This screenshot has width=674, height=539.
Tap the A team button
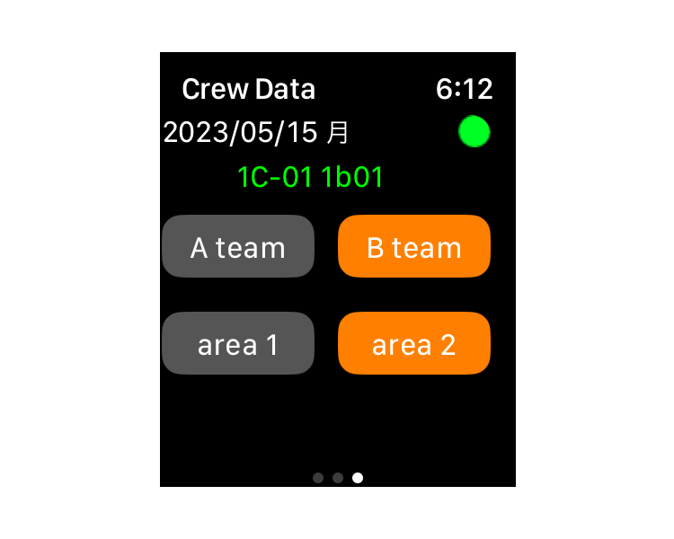pos(238,246)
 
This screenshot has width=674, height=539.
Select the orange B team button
pos(414,246)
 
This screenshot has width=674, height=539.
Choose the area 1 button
pos(238,343)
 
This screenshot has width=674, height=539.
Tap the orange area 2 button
pos(414,343)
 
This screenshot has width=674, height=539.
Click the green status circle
pos(474,131)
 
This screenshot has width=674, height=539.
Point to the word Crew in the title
pos(215,90)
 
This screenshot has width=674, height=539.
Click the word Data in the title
pos(285,90)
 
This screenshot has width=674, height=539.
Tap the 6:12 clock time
pos(465,90)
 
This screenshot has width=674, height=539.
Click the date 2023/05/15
pos(240,132)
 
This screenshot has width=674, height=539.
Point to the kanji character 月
pos(337,132)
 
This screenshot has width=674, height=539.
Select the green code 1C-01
pos(274,177)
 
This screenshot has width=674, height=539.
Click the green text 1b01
pos(351,177)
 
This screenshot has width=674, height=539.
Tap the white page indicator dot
pos(358,478)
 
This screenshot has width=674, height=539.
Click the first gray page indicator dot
pos(318,478)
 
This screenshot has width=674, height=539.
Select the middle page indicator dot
pos(338,478)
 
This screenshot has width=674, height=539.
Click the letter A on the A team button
pos(199,248)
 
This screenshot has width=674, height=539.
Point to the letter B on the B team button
pos(376,248)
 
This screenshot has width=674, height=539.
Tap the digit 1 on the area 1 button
pos(272,345)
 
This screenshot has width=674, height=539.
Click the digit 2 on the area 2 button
pos(448,345)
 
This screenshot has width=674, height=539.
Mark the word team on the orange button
pos(426,249)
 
